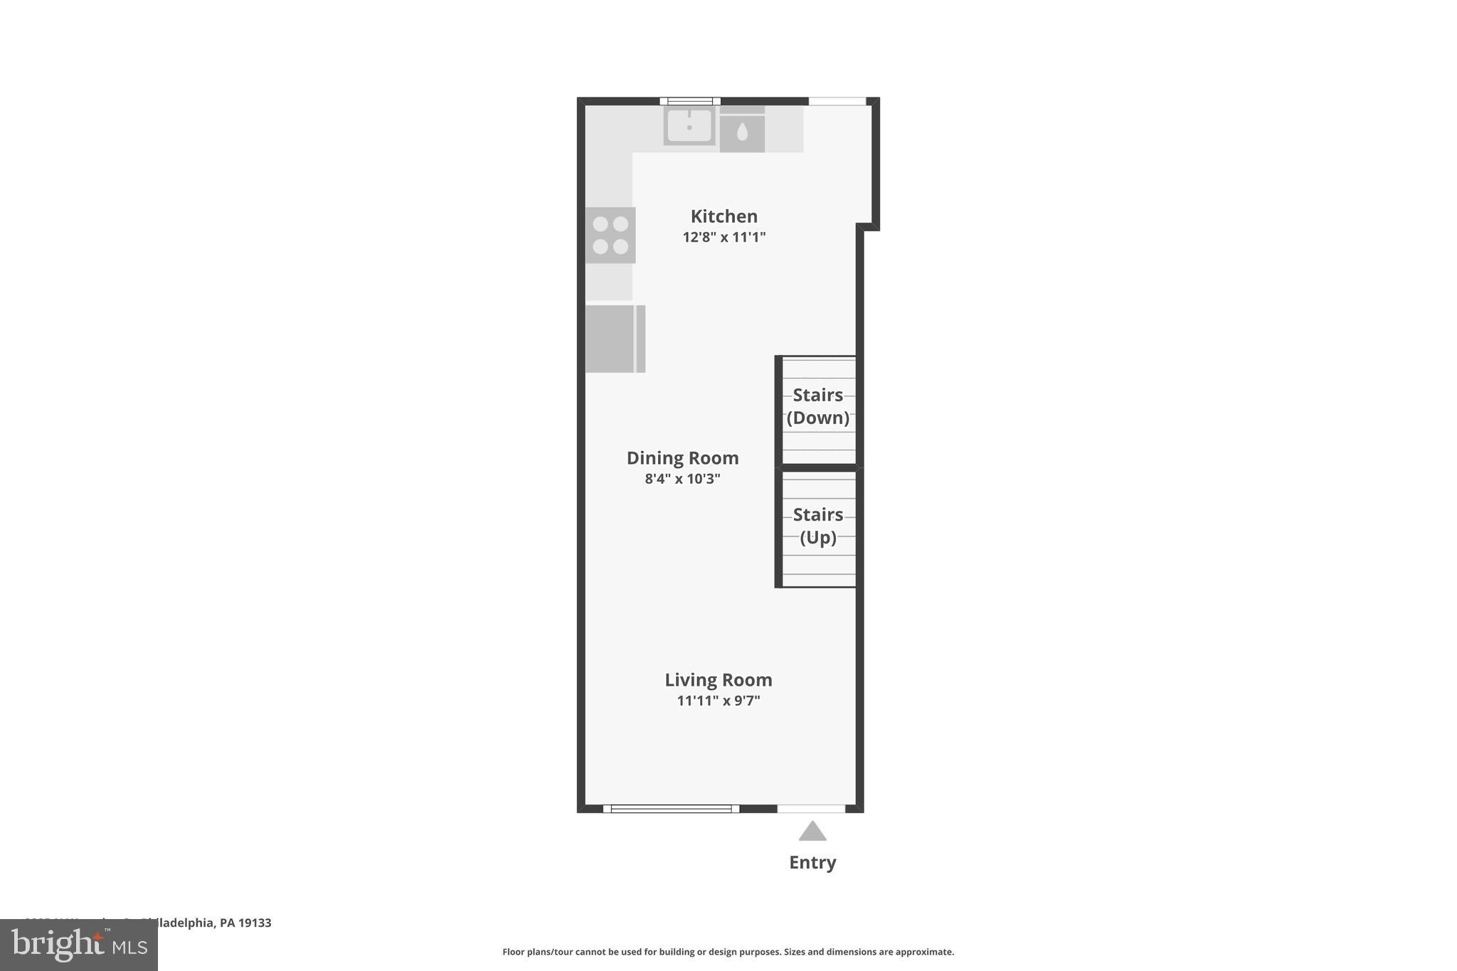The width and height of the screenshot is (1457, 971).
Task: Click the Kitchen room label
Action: coord(724,216)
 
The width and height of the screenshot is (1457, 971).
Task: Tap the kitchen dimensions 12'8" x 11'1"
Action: coord(724,237)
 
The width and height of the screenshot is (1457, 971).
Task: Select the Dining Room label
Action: coord(682,458)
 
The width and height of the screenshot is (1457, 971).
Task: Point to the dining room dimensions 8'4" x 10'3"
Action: coord(682,479)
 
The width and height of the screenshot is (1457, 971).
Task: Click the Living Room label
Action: coord(718,680)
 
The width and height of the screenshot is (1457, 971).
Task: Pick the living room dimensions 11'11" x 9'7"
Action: coord(718,701)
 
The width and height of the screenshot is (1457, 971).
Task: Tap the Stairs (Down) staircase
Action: coord(818,411)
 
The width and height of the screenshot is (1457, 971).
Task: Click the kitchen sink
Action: coord(689,126)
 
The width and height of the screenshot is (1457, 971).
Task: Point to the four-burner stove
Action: coord(610,235)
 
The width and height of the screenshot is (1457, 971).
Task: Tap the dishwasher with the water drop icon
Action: coord(742,132)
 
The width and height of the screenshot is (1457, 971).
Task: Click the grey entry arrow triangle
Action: coord(812,831)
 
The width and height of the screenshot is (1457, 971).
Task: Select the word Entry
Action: coord(812,862)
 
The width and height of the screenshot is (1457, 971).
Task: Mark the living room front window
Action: coord(671,808)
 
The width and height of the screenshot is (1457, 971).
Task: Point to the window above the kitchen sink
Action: coord(689,101)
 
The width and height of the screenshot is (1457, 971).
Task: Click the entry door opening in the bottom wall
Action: coord(811,808)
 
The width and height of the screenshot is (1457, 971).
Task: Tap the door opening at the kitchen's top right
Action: coord(837,101)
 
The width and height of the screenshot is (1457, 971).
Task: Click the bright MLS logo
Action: coord(79,945)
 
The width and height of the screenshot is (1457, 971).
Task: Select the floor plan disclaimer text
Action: coord(728,952)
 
